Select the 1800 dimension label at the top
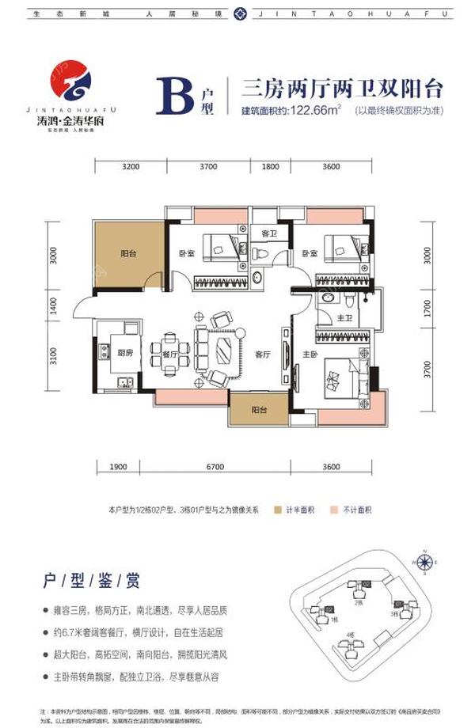click(270, 167)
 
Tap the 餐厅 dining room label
click(148, 355)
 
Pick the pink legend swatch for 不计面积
click(336, 510)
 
